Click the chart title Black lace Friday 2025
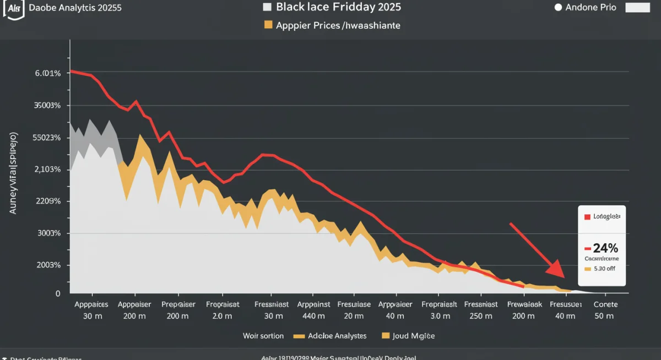[338, 7]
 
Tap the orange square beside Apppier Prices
[268, 25]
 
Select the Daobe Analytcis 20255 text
[75, 8]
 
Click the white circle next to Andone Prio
[557, 8]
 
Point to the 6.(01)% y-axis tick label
[47, 73]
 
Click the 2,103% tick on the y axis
[47, 170]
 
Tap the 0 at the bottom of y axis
[57, 294]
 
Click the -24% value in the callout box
[602, 247]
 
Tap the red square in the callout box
[587, 217]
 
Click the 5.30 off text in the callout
[604, 269]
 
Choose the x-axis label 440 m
[313, 316]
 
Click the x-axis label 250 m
[481, 316]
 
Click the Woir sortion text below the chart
[263, 336]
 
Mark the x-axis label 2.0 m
[223, 316]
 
